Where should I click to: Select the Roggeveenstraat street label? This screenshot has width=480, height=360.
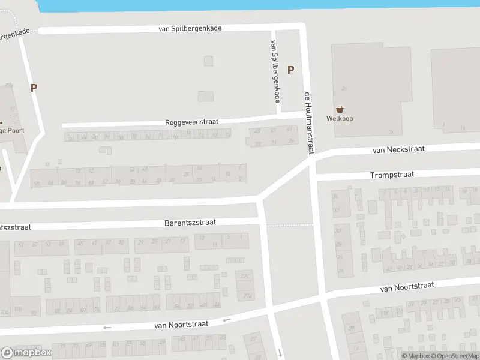click(192, 122)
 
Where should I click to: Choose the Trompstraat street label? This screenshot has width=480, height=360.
click(392, 175)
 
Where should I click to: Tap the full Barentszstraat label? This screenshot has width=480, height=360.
click(190, 223)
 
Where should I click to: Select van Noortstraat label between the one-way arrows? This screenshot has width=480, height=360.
click(181, 324)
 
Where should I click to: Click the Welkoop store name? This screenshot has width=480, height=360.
click(340, 118)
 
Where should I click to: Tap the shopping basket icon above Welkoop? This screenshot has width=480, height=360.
click(340, 109)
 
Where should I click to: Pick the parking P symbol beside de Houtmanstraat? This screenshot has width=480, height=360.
click(291, 70)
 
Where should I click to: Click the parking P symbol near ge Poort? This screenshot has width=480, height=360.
click(34, 88)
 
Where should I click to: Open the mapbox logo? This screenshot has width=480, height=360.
click(25, 353)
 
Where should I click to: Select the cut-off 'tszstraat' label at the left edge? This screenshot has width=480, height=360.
click(15, 228)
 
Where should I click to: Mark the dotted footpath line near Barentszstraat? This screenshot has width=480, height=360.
click(290, 226)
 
